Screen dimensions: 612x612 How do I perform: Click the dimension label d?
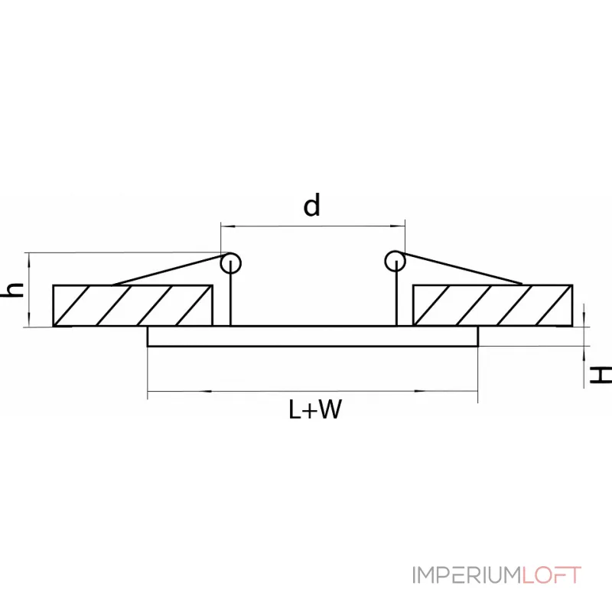pyautogui.click(x=311, y=206)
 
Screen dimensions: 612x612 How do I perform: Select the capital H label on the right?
pyautogui.click(x=602, y=374)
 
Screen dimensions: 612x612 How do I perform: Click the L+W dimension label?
pyautogui.click(x=314, y=411)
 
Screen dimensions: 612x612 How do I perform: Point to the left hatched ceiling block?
pyautogui.click(x=132, y=305)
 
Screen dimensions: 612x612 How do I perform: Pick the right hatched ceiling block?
pyautogui.click(x=492, y=305)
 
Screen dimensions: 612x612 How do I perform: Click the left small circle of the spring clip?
pyautogui.click(x=230, y=263)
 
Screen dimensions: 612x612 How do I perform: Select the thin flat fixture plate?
pyautogui.click(x=313, y=337)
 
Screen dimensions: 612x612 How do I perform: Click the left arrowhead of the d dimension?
pyautogui.click(x=225, y=226)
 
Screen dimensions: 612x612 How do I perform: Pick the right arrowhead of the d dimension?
pyautogui.click(x=399, y=226)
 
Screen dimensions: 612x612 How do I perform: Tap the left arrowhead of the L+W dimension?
pyautogui.click(x=152, y=392)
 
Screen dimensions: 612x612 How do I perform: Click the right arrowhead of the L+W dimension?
pyautogui.click(x=473, y=392)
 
